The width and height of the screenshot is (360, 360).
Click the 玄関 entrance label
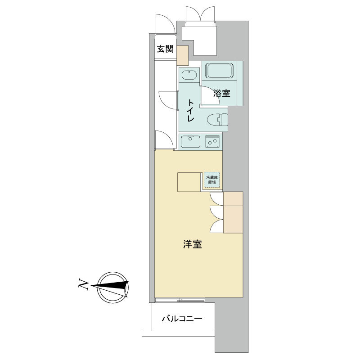point(165,49)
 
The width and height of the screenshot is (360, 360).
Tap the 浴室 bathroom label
point(221,93)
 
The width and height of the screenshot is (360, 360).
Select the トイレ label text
point(190,110)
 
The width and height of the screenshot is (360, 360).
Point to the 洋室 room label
point(193,244)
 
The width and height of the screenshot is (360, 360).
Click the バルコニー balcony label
point(182,319)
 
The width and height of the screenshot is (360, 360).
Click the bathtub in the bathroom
point(219,71)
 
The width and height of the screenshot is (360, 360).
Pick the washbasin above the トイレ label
point(189,75)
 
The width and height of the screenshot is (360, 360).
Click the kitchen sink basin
point(190,142)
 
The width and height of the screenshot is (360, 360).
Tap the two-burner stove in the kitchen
point(212,141)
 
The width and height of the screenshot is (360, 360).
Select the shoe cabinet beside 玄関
point(183,55)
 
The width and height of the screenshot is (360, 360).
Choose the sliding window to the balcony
point(180,299)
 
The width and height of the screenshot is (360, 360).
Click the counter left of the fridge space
point(189,182)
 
